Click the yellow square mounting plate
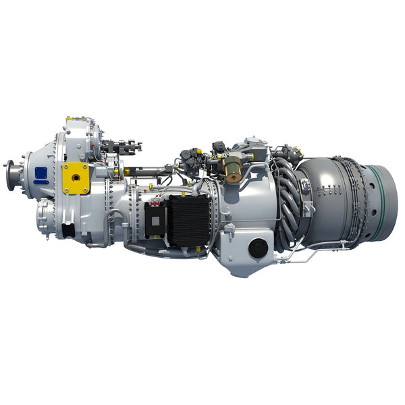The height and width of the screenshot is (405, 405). pos(76,178)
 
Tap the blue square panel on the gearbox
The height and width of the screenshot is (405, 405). pos(41,173)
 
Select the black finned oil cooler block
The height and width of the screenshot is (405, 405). pos(188,220)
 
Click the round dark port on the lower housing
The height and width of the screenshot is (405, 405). pos(258,249)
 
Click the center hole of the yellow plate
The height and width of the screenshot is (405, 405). pos(76,177)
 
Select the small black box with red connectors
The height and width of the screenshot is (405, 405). pos(155,220)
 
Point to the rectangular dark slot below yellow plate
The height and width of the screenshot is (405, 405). pos(68,230)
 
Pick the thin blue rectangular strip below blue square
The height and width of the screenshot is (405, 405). pos(41,182)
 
